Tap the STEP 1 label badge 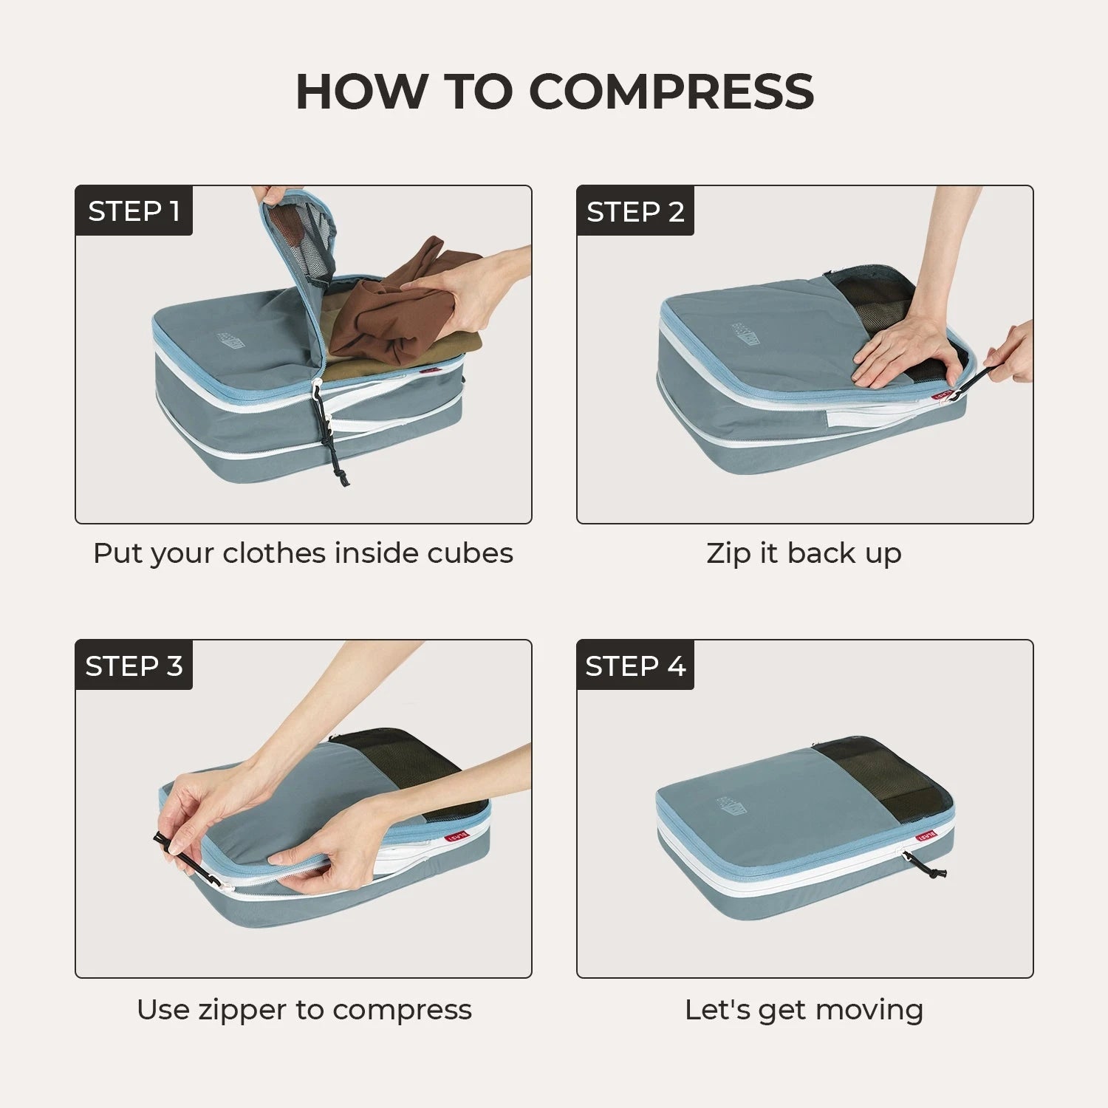point(134,212)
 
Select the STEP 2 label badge point(635,212)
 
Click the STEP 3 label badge point(134,666)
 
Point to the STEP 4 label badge point(635,666)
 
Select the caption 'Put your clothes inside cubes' point(303,553)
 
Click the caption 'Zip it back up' point(804,553)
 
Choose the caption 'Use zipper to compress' point(304,1009)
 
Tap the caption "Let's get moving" point(804,1009)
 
